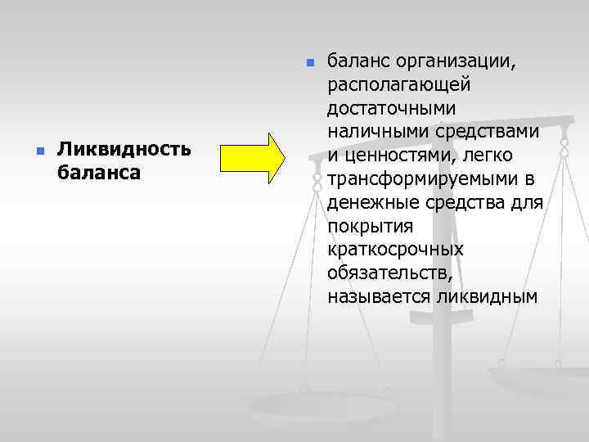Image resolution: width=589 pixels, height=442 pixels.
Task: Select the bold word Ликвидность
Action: (124, 151)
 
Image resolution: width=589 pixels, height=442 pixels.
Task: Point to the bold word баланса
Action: (99, 173)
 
